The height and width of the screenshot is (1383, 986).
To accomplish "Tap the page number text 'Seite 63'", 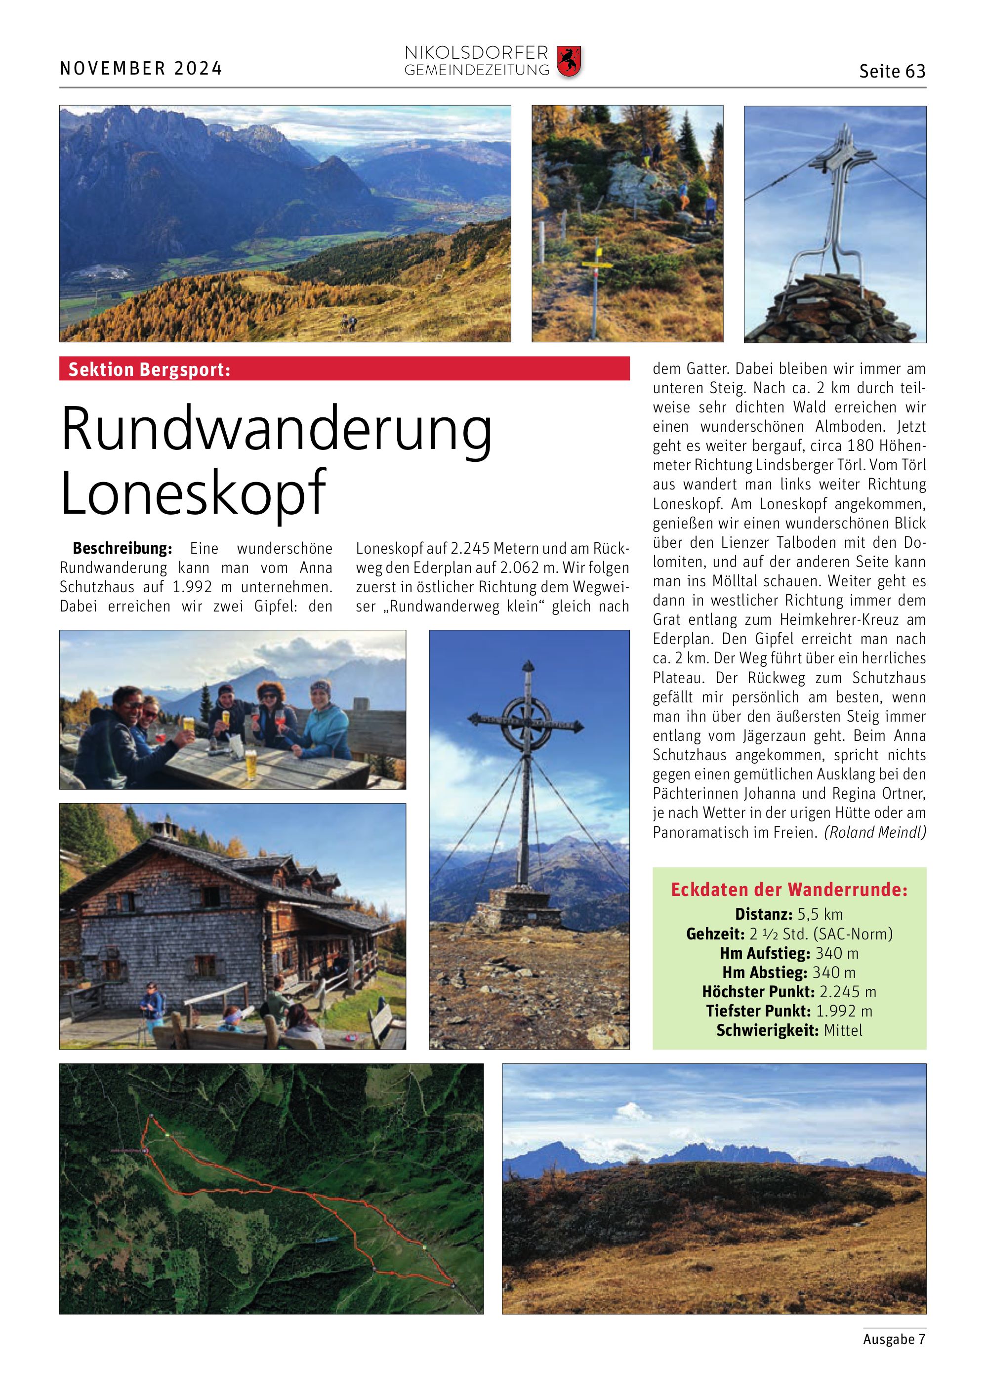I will point(892,72).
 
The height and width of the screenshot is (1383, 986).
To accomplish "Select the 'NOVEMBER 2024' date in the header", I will point(141,69).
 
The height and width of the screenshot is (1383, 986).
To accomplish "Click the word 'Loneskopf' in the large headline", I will point(194,492).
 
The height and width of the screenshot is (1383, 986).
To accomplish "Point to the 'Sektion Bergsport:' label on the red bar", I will point(149,369).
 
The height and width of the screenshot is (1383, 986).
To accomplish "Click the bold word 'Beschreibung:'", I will point(122,548).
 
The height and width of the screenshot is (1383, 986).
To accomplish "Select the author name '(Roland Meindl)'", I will point(874,832).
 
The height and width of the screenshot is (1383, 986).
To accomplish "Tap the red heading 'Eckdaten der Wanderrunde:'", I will point(789,890).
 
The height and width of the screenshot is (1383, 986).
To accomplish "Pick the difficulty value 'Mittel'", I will point(843,1030).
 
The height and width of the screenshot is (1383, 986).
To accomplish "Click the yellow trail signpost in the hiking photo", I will point(597,263).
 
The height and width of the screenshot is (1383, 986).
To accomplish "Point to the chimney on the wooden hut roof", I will point(162,828).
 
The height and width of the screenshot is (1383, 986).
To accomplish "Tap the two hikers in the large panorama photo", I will point(348,323).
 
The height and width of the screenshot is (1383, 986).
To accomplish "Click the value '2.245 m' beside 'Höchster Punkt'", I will point(848,992).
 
